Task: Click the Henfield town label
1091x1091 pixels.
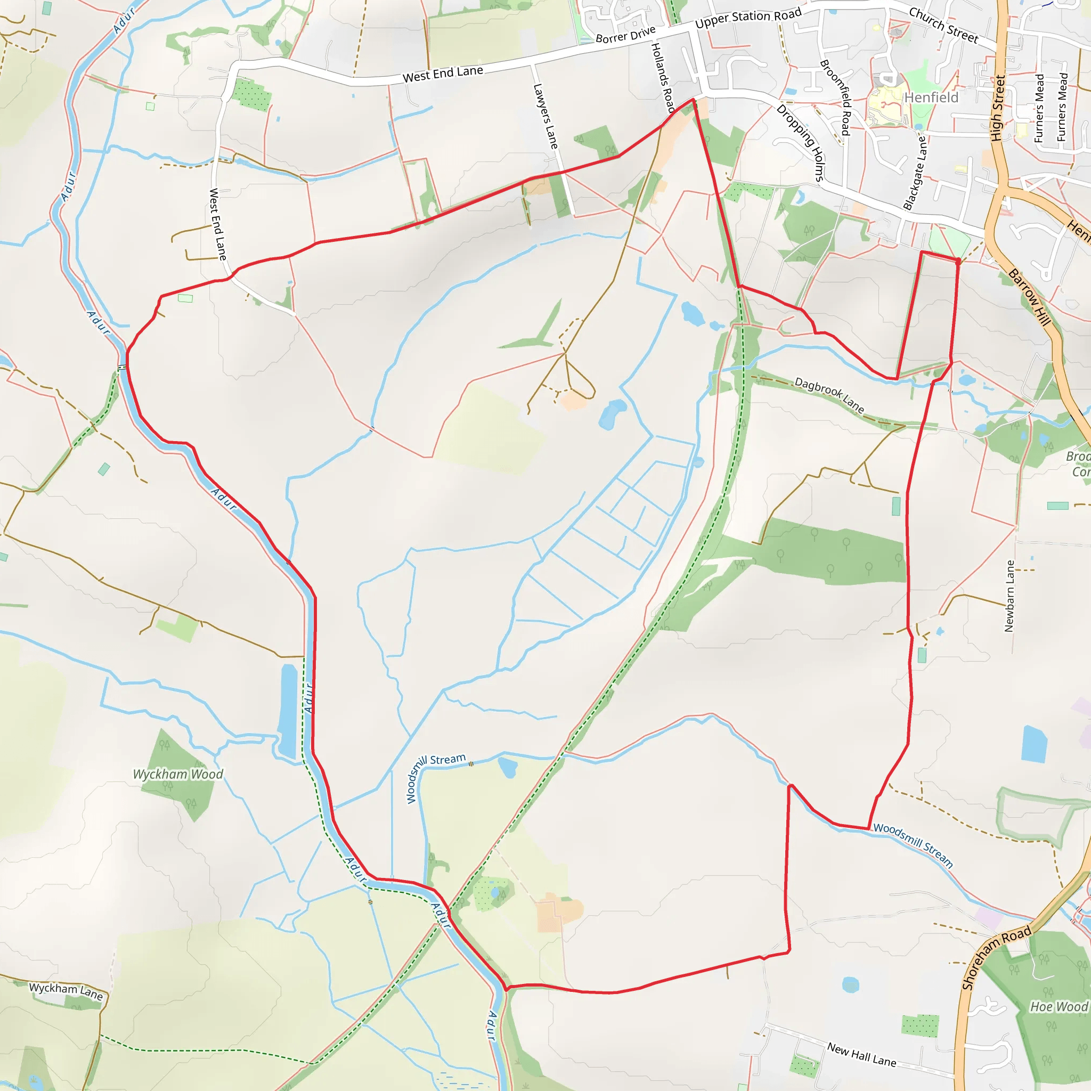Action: click(931, 97)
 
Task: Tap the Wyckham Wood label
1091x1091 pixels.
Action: click(178, 774)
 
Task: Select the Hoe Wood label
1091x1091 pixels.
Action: click(1059, 1007)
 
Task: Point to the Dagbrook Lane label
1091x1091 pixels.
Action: click(829, 395)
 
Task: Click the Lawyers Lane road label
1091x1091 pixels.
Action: click(545, 116)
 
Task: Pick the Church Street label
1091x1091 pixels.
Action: click(943, 26)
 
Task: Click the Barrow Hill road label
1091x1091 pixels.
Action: click(1029, 297)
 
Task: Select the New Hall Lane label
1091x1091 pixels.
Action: click(862, 1054)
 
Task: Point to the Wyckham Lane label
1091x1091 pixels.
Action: click(66, 991)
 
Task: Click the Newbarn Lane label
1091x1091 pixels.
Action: click(1009, 596)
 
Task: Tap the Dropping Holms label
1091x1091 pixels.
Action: click(801, 143)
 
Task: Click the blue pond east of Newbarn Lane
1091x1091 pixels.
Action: click(1034, 744)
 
